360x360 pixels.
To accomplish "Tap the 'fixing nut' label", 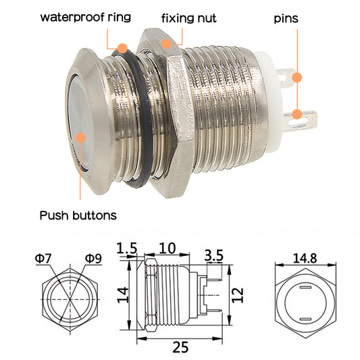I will click(190, 17).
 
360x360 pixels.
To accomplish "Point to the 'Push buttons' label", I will click(78, 215).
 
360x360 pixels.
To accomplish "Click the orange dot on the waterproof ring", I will click(122, 49).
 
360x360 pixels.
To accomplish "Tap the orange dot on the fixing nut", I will click(165, 42).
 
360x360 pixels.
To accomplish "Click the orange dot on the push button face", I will click(82, 138).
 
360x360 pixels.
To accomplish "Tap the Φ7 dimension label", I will click(43, 257).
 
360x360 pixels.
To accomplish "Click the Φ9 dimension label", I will click(94, 257).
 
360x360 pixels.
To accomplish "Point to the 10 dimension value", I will click(169, 248).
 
